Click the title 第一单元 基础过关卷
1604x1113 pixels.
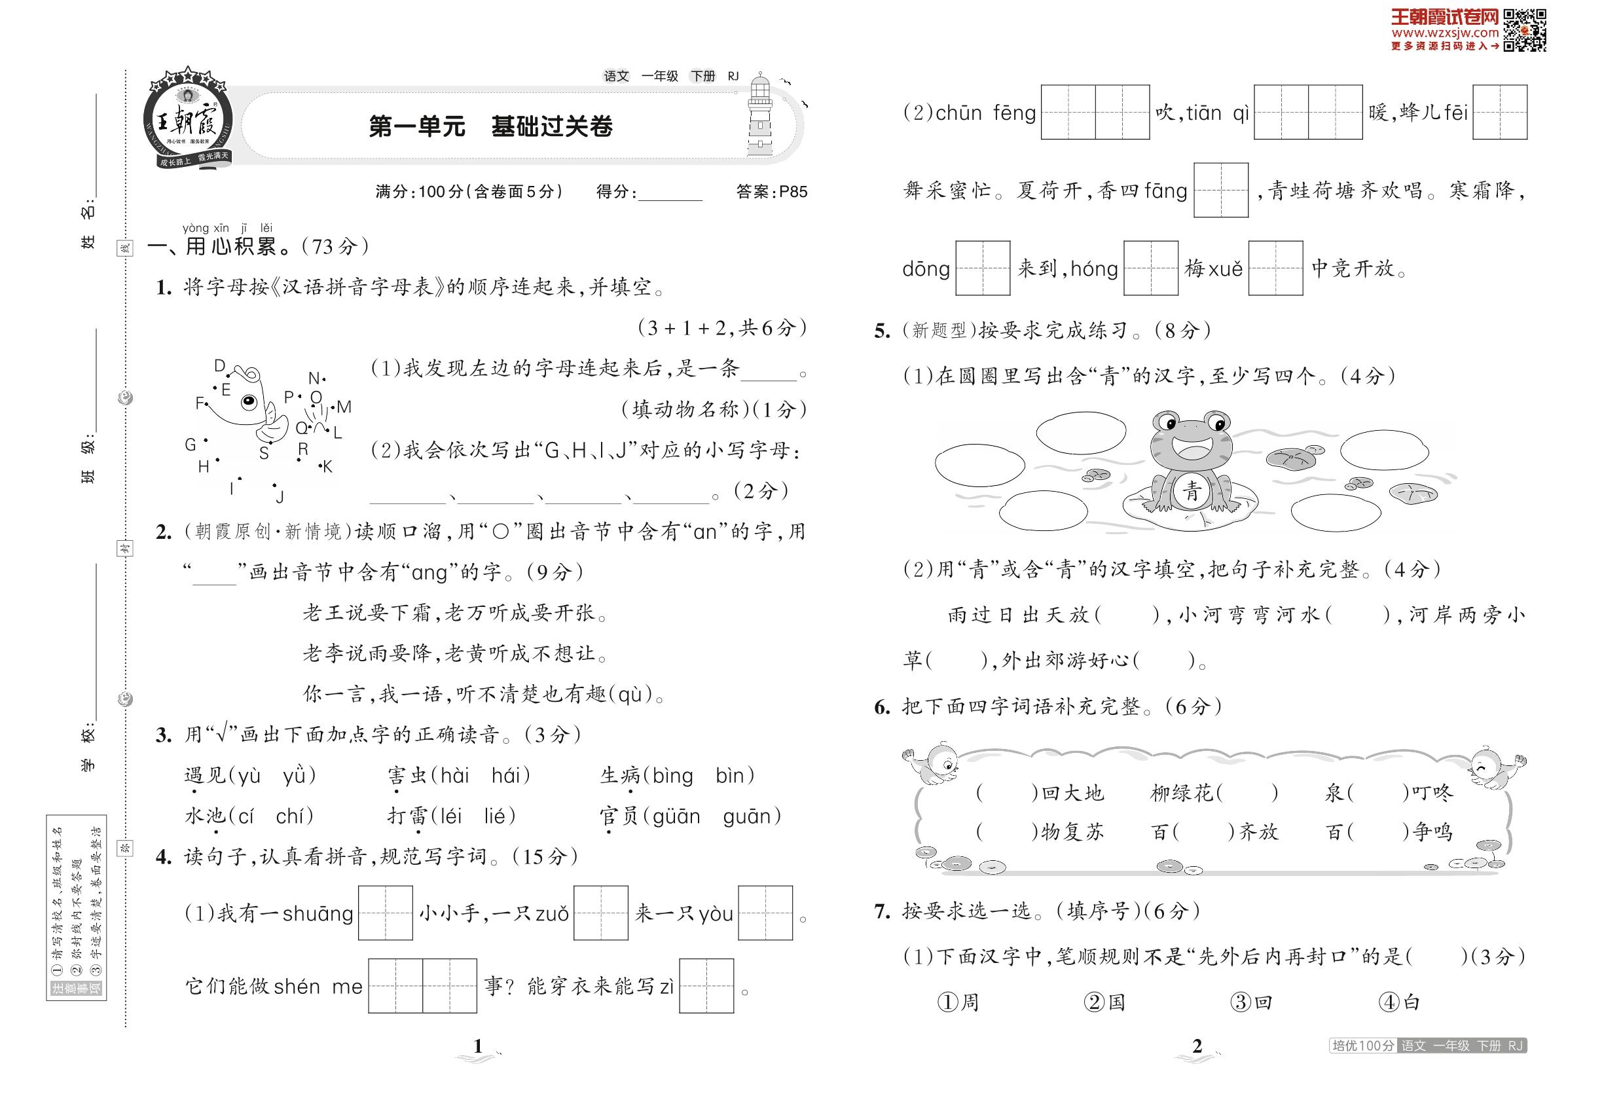490,126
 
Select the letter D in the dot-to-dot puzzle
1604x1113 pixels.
220,366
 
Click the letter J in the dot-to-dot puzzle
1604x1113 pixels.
280,496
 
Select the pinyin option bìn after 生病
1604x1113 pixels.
729,775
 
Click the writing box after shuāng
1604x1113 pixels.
385,913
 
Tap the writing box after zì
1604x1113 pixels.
706,985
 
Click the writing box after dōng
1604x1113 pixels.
982,268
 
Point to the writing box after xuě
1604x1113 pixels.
1275,268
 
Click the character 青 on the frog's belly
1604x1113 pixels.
1191,491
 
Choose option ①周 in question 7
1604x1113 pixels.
958,1002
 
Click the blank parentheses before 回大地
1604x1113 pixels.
1007,793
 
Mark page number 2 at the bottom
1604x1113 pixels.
1197,1046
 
